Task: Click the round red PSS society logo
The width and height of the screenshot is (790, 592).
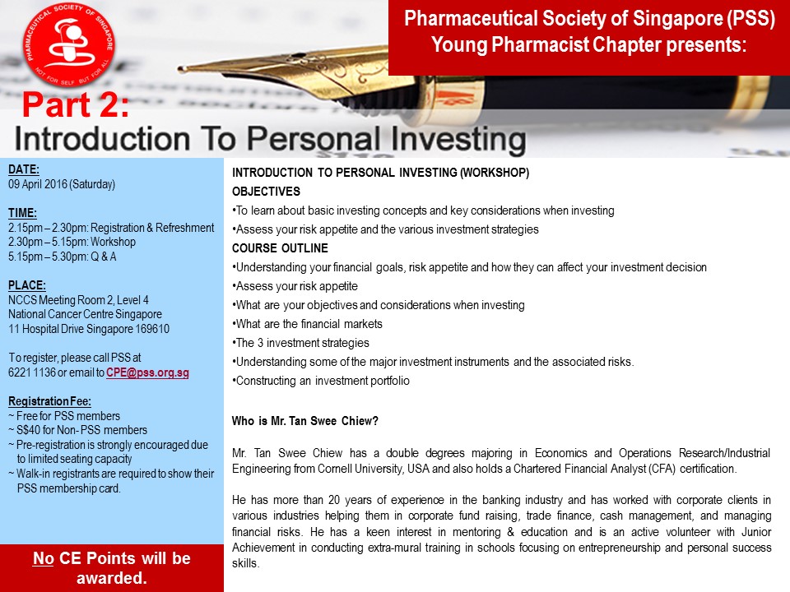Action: (69, 44)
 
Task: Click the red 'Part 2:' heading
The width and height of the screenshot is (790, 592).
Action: (76, 104)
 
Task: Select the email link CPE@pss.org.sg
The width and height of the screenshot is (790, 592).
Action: (147, 372)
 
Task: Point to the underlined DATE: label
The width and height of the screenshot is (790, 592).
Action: (24, 169)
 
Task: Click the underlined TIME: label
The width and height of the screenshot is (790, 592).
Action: (23, 213)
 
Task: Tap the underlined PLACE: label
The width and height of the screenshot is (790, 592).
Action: (27, 285)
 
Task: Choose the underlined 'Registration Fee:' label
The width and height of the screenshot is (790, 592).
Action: (50, 401)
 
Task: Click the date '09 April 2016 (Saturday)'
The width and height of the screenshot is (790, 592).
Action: (62, 184)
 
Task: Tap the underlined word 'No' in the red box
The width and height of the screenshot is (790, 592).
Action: (44, 558)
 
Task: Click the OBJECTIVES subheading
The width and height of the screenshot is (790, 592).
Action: (266, 192)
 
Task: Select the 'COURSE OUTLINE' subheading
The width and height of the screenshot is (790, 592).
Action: (280, 248)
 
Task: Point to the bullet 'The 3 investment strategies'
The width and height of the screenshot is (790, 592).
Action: (301, 343)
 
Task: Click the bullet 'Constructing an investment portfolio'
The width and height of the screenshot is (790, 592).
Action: (321, 381)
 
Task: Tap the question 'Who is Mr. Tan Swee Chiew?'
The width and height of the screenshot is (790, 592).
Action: (304, 421)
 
